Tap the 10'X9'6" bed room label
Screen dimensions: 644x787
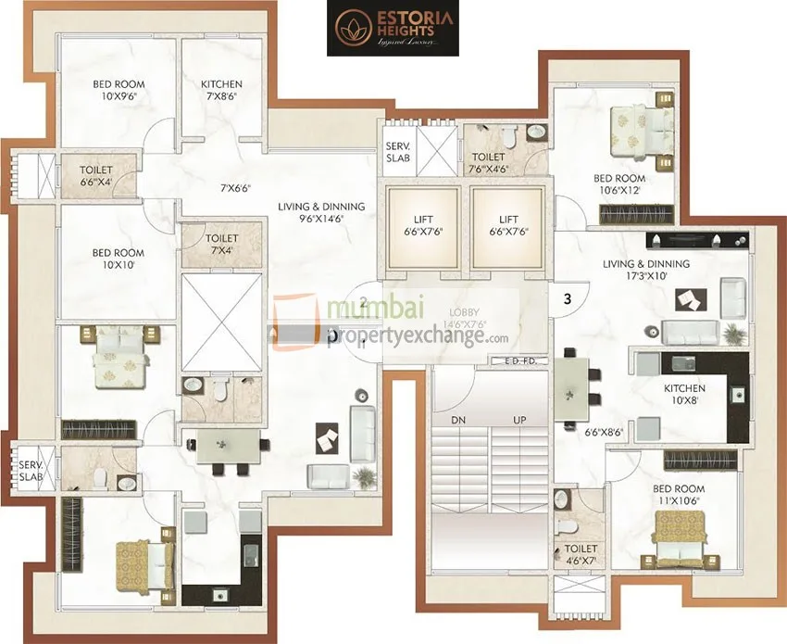119,90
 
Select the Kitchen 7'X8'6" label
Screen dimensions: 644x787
221,90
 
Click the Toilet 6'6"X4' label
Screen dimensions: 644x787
95,176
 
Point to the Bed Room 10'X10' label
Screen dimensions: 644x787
119,259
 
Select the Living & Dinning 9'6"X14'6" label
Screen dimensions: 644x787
321,213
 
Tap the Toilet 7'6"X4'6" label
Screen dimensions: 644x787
488,163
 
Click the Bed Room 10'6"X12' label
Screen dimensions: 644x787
619,183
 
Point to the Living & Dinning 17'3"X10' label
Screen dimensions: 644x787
646,270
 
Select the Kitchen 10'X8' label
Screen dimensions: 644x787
684,394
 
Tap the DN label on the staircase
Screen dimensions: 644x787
457,420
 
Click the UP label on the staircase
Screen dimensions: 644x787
519,420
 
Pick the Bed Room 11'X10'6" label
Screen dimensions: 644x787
679,494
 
